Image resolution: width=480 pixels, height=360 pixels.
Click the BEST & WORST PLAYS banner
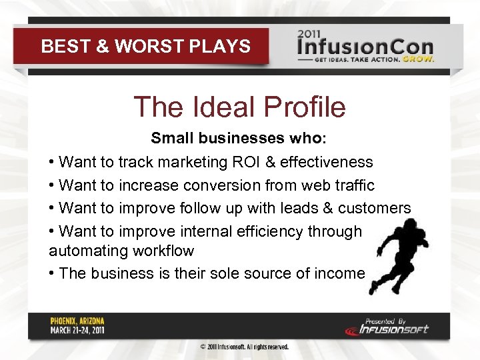tap(145, 46)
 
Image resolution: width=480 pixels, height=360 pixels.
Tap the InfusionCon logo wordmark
tap(365, 47)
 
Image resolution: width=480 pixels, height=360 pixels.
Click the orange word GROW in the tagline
tap(421, 59)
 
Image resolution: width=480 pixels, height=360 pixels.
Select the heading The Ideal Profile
tap(239, 107)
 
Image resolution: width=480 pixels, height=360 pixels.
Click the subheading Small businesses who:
tap(239, 138)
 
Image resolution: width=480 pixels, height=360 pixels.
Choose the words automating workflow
tap(121, 251)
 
